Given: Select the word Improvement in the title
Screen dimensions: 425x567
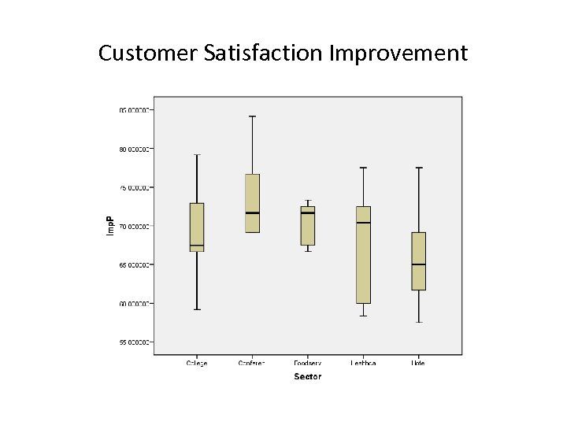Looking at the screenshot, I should pos(398,54).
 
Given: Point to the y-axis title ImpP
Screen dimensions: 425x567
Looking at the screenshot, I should pos(111,225).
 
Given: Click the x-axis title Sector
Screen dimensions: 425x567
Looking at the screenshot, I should pos(307,377).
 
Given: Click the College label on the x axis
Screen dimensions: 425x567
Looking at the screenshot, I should pos(197,363).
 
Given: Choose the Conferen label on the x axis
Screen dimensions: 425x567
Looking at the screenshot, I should pos(252,363).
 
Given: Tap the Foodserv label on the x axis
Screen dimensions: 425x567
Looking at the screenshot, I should pos(307,363).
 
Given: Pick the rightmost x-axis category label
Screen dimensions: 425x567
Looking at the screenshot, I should pos(418,363).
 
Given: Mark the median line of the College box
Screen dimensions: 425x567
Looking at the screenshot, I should pos(197,246).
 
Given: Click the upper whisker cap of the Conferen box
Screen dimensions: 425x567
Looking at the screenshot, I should pos(252,116).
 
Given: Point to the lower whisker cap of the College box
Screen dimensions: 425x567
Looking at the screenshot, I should pos(197,309).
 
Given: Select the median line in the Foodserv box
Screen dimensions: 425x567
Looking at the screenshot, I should pos(307,213).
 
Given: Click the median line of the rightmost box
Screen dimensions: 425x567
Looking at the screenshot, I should pos(418,264).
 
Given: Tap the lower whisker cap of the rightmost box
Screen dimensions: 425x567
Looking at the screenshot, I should pos(418,322).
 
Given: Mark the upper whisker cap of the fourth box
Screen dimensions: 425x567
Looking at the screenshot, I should pos(363,168).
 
